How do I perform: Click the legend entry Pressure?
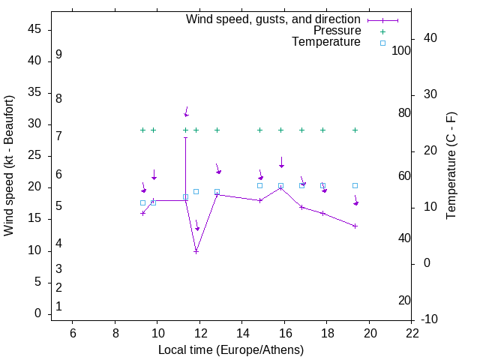point(337,31)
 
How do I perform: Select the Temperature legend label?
point(326,42)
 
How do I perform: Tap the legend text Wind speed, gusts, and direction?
point(273,19)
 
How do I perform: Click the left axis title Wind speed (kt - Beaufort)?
point(9,166)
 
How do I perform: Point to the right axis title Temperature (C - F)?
point(451,166)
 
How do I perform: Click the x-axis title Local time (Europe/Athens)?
point(231,350)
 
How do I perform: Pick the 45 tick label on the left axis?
point(34,29)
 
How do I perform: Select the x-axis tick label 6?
point(73,333)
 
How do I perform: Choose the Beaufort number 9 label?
point(58,55)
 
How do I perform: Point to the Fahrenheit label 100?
point(402,50)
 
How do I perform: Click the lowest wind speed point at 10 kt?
point(196,251)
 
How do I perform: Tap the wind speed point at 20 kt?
point(280,187)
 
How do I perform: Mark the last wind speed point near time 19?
point(355,226)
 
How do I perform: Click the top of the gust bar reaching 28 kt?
point(185,137)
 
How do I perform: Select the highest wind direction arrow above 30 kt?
point(186,112)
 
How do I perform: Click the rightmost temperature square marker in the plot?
point(355,185)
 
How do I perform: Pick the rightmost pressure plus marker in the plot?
point(355,130)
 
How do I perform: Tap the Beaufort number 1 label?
point(58,306)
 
